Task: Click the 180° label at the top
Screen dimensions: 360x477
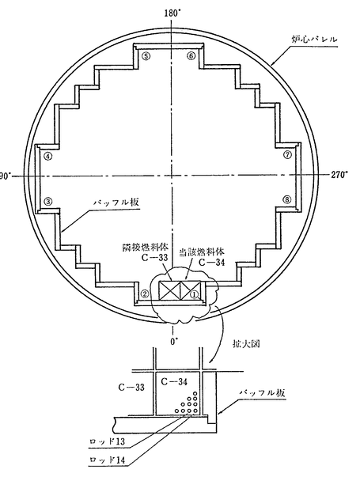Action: click(172, 13)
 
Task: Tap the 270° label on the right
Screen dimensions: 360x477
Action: click(339, 174)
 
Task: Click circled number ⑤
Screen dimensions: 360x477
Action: click(146, 56)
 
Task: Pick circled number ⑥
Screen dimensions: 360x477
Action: click(191, 56)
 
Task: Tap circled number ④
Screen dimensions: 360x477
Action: click(48, 156)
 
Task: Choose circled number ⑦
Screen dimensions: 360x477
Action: click(287, 154)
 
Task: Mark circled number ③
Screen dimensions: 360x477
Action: click(48, 201)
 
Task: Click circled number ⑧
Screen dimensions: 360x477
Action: click(287, 199)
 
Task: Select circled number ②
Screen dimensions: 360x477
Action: click(145, 293)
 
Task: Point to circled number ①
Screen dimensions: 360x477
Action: click(194, 293)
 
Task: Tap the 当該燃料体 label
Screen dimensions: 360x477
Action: click(201, 252)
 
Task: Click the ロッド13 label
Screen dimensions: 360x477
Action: click(108, 441)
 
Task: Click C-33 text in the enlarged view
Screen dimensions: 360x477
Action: click(131, 388)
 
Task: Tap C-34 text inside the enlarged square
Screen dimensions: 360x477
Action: click(174, 381)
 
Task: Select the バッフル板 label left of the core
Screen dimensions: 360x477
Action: click(116, 202)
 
